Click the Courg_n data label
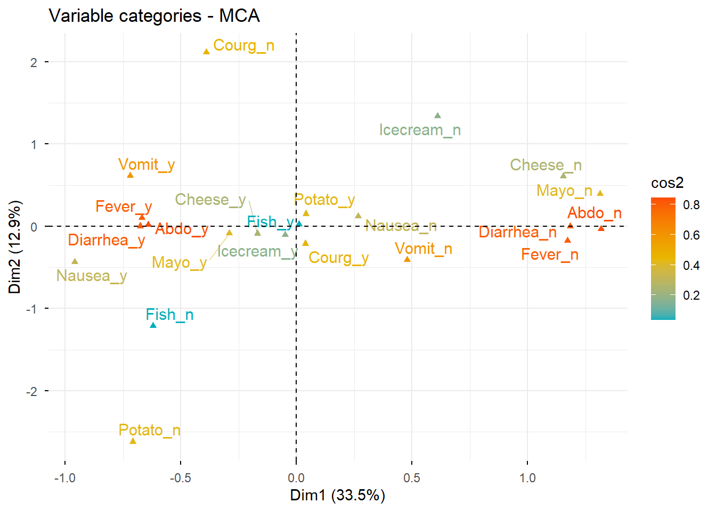coord(243,46)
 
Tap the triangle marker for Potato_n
coord(133,441)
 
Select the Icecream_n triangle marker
coord(437,116)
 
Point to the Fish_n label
coord(169,315)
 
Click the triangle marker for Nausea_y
coord(75,261)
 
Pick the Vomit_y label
coord(147,165)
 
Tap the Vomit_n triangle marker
coord(408,259)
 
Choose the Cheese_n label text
coord(546,166)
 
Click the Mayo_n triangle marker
coord(600,193)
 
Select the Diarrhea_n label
coord(517,233)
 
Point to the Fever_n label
coord(549,255)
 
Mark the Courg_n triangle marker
coord(206,52)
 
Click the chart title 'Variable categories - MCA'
coord(154,16)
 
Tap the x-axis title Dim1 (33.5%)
coord(337,496)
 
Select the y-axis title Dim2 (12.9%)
coord(15,247)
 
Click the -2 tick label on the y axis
coord(34,392)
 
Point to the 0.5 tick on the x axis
coord(411,478)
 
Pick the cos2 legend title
coord(667,183)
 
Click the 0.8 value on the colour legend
coord(691,205)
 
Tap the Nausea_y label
coord(92,276)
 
